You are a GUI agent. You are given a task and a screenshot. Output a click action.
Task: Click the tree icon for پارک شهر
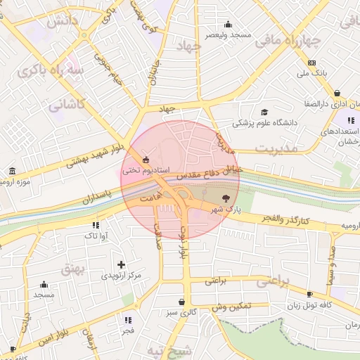click(x=225, y=198)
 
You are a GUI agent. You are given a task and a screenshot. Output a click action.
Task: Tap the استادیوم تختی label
click(x=143, y=170)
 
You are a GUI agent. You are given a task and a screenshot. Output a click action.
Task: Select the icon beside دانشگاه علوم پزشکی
click(x=264, y=112)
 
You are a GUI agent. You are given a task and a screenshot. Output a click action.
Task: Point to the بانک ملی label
click(x=312, y=73)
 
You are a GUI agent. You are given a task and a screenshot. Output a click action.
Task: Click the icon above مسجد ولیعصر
click(x=228, y=23)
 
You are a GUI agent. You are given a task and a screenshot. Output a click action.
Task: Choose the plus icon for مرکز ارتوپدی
click(x=121, y=265)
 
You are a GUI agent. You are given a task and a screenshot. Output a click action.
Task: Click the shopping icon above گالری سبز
click(x=182, y=302)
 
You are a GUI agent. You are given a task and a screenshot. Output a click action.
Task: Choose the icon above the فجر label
click(x=128, y=318)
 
